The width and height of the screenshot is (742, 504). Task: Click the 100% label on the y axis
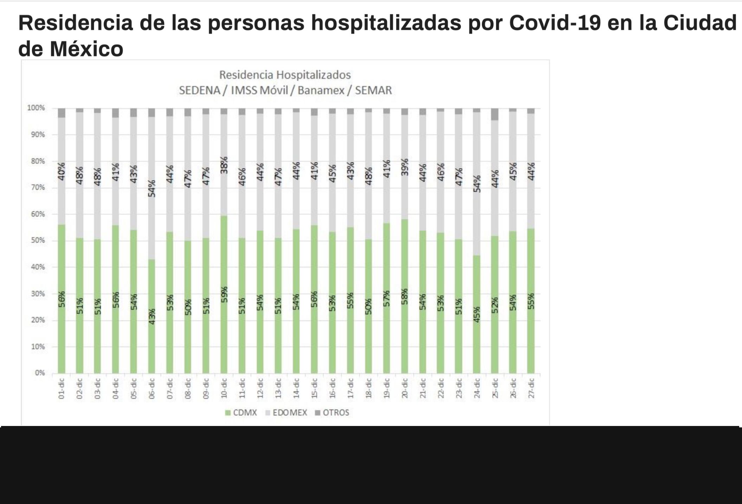pos(36,108)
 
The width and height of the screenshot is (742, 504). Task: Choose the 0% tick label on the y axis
pos(40,373)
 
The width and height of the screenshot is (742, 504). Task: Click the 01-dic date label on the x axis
pos(62,388)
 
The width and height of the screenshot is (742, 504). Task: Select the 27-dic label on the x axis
pos(531,388)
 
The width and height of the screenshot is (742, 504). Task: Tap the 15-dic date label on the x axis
pos(315,388)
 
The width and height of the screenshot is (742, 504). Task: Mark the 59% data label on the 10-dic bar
pos(224,295)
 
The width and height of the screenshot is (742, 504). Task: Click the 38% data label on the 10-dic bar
pos(224,165)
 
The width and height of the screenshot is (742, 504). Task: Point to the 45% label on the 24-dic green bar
pos(477,315)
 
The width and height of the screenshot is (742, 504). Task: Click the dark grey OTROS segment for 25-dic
pos(495,115)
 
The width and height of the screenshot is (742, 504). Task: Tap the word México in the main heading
pos(86,49)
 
